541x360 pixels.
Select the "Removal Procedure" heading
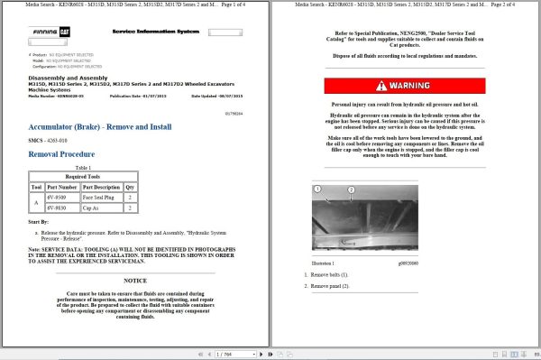[63, 153]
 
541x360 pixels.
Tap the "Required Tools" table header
[83, 177]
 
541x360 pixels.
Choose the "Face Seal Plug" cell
[101, 196]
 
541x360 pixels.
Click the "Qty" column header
[131, 187]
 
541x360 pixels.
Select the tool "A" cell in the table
[37, 201]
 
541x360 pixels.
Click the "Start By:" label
[39, 220]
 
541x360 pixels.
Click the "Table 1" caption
[83, 168]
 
